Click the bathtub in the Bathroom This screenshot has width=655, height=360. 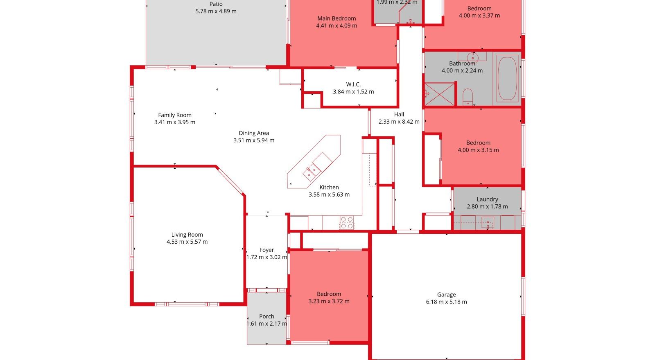(x=507, y=78)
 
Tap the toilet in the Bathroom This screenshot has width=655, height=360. (x=468, y=97)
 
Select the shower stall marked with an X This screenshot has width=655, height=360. (x=440, y=94)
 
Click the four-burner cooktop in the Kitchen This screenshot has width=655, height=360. (x=347, y=222)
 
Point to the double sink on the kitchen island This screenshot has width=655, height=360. (x=312, y=172)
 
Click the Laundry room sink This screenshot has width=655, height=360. (x=488, y=222)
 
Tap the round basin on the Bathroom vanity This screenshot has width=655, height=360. (x=472, y=57)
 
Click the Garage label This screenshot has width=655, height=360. (x=447, y=294)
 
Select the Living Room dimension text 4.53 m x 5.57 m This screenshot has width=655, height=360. (x=187, y=242)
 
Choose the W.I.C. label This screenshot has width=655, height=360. (x=353, y=84)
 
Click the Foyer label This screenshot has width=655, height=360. (x=267, y=250)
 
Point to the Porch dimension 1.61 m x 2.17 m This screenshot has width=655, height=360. (x=267, y=324)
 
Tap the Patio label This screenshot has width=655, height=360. (x=216, y=4)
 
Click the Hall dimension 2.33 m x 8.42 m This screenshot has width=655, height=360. (x=399, y=122)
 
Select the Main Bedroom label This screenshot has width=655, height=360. (x=337, y=18)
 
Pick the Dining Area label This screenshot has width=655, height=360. (x=254, y=133)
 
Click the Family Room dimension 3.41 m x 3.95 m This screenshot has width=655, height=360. (x=175, y=122)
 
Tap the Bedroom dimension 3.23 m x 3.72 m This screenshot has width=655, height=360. (x=329, y=301)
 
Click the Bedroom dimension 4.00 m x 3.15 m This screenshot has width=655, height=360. (x=479, y=150)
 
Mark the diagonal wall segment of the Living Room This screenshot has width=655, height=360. (x=230, y=181)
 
